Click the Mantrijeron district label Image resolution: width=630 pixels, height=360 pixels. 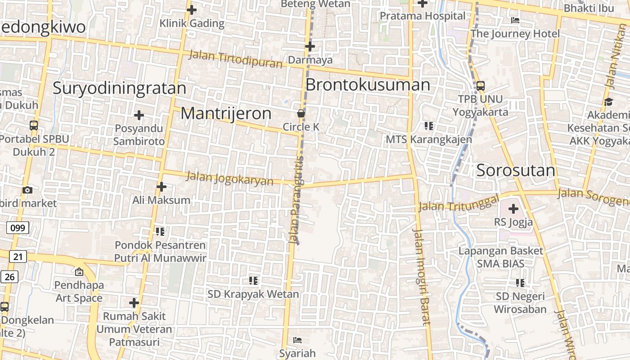[226, 113]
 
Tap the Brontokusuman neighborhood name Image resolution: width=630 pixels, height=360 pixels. [368, 85]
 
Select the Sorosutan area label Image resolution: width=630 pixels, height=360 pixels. [516, 171]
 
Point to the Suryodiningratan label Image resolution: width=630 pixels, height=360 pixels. [119, 88]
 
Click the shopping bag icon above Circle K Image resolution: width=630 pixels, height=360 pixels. [301, 113]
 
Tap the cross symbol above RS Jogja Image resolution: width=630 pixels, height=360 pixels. [513, 209]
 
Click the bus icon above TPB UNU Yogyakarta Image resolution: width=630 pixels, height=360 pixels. [480, 85]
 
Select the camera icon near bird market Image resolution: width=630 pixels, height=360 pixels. [27, 190]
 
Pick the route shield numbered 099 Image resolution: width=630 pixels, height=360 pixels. [18, 228]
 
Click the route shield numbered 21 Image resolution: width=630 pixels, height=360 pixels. [18, 256]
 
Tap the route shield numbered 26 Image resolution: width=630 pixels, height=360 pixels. [9, 276]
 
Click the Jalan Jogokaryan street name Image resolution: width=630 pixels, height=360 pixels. [230, 178]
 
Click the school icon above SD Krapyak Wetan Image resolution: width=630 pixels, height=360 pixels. [253, 281]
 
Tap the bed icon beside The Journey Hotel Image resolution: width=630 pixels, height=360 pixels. [515, 20]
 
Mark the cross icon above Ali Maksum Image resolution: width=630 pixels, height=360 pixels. [162, 186]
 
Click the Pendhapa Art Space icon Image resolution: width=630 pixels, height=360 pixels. [79, 271]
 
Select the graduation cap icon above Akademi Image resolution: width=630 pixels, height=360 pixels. [608, 102]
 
